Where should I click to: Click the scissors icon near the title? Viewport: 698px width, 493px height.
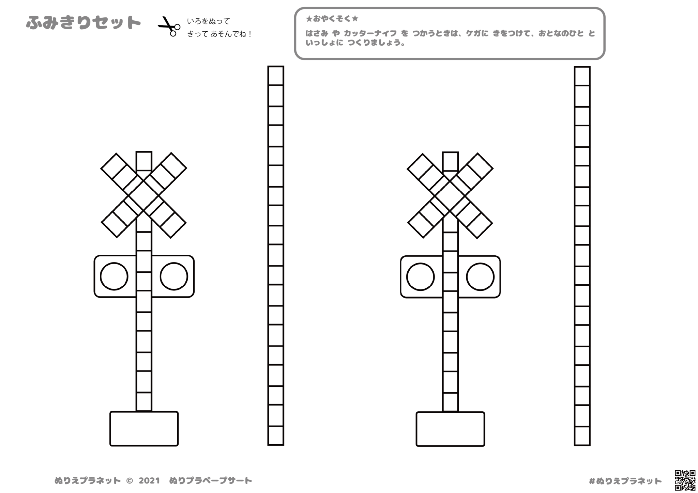click(x=169, y=26)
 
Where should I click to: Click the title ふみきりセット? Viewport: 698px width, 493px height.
click(x=84, y=23)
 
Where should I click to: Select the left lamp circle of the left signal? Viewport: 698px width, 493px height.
click(x=114, y=276)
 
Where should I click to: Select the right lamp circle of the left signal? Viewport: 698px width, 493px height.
click(x=174, y=276)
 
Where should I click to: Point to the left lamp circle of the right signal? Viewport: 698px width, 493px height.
click(x=421, y=277)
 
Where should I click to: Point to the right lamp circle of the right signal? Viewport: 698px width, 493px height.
click(x=480, y=277)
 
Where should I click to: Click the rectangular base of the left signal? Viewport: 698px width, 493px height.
click(x=144, y=429)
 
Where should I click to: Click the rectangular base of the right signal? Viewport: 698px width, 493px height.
click(x=450, y=429)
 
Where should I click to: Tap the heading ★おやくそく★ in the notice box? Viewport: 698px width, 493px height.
click(x=332, y=19)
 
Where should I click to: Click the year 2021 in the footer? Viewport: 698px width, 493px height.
click(x=149, y=481)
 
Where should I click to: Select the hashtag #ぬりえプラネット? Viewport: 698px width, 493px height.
click(x=625, y=481)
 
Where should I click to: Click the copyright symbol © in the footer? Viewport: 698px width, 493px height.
click(x=130, y=481)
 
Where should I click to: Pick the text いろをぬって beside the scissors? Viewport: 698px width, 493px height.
click(x=209, y=21)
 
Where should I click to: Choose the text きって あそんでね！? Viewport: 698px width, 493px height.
click(x=219, y=34)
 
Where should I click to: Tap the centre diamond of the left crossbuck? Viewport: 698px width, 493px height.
click(x=143, y=195)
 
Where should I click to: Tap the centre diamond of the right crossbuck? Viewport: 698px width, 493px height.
click(x=450, y=196)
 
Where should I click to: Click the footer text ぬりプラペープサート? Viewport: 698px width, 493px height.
click(x=211, y=481)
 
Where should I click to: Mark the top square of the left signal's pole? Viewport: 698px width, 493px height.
click(x=144, y=161)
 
